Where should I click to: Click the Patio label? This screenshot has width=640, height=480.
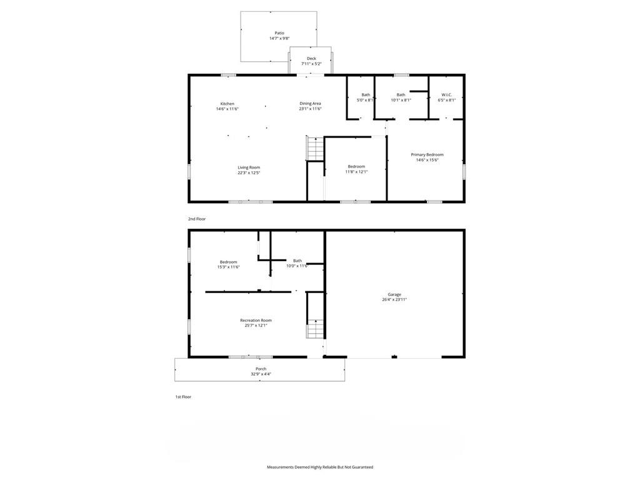click(x=279, y=33)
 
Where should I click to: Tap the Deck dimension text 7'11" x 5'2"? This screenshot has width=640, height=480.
click(x=311, y=64)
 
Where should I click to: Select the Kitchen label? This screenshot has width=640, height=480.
click(x=227, y=104)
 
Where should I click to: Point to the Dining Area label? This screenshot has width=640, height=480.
click(x=310, y=104)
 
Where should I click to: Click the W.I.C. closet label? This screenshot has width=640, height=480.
click(x=446, y=95)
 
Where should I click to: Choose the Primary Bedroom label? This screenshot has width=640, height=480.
click(x=427, y=155)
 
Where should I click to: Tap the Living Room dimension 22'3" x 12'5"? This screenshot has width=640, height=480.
click(x=249, y=172)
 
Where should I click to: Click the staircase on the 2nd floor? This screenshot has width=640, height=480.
click(x=315, y=149)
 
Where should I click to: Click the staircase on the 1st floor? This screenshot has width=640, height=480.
click(x=315, y=328)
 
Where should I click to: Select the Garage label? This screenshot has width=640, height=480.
click(x=394, y=294)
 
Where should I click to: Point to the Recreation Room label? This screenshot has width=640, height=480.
click(x=256, y=321)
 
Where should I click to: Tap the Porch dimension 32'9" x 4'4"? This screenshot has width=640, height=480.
click(x=261, y=374)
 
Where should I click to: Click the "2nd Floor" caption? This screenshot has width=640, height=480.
click(x=197, y=219)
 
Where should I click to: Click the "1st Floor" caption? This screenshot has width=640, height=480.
click(x=183, y=397)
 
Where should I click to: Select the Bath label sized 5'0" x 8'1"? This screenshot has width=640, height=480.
click(x=366, y=95)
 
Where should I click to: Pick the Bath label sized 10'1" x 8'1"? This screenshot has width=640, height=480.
click(x=401, y=95)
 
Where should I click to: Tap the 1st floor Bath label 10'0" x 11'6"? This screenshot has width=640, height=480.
click(x=297, y=261)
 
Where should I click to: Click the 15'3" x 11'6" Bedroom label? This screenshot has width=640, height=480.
click(x=229, y=262)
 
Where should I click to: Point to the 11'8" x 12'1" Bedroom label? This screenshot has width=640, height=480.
click(x=356, y=166)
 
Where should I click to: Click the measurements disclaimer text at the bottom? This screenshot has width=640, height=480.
click(x=320, y=467)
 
